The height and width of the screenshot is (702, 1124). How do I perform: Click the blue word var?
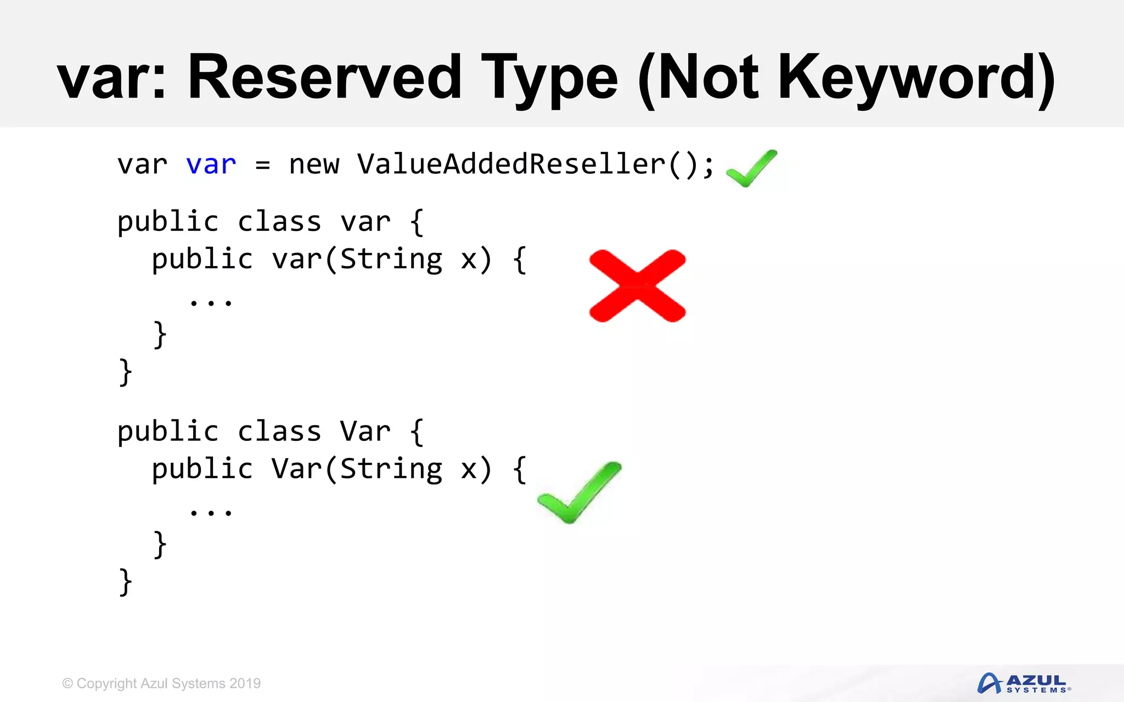tap(211, 165)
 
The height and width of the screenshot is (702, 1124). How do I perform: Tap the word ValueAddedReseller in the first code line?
tap(511, 164)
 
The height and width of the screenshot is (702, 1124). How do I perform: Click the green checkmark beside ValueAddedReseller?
tap(751, 168)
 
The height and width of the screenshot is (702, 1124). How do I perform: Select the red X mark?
tap(637, 286)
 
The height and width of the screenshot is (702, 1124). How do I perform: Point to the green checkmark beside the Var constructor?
tap(578, 492)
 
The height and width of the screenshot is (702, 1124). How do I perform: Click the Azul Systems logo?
tap(1024, 683)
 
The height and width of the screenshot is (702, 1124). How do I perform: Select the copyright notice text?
tap(161, 683)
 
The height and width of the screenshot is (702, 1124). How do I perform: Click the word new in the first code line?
tap(314, 165)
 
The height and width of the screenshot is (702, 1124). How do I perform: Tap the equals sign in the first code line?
tap(263, 165)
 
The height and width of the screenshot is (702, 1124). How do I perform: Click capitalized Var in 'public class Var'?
tap(365, 431)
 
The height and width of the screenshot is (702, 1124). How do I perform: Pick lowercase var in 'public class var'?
tap(365, 222)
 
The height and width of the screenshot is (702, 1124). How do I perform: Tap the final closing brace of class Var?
tap(126, 581)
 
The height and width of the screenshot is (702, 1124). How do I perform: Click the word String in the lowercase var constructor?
tap(391, 259)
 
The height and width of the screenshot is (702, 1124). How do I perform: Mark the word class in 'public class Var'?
tap(279, 431)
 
